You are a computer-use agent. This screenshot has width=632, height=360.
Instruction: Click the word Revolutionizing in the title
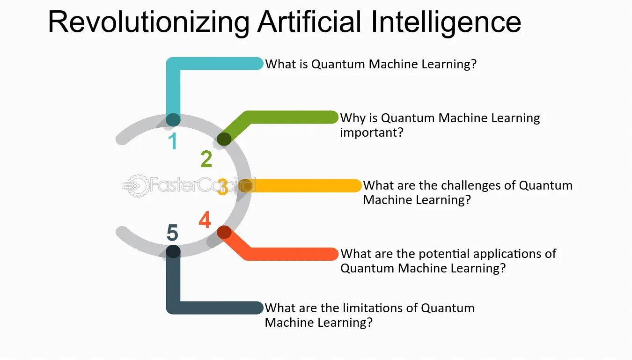tap(149, 22)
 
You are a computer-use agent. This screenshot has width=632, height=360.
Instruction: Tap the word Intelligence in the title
tap(446, 22)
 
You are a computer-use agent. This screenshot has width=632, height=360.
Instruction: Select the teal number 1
tap(173, 141)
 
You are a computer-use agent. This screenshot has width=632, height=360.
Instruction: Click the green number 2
tap(206, 159)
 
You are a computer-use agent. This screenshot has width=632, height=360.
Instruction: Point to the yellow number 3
tap(223, 186)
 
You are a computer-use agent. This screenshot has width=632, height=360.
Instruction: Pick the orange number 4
tap(205, 220)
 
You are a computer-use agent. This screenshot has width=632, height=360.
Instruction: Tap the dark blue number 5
tap(172, 233)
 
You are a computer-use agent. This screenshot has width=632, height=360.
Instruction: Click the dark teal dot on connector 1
tap(173, 120)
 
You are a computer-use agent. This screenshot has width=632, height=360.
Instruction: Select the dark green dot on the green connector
tap(224, 139)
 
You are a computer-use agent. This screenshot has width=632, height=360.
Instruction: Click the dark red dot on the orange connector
tap(224, 233)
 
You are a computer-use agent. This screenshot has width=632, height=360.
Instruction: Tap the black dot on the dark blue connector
tap(173, 251)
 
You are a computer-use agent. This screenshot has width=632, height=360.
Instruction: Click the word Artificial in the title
tap(309, 22)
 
